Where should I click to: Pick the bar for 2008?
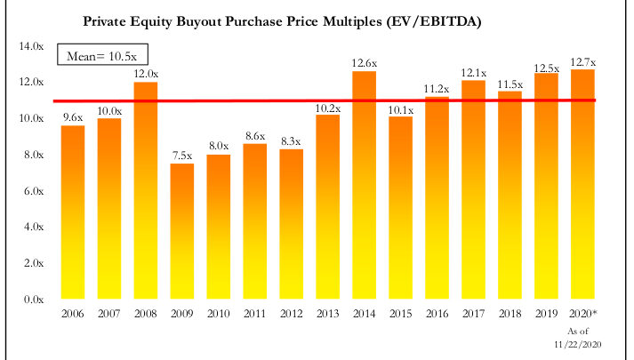click(x=145, y=191)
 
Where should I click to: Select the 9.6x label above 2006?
click(x=72, y=117)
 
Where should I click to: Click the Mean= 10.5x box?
click(x=101, y=57)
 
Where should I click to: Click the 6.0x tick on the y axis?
click(x=32, y=191)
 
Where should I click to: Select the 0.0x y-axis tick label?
click(x=32, y=300)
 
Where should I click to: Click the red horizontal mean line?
click(x=267, y=101)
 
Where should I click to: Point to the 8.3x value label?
click(x=292, y=141)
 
